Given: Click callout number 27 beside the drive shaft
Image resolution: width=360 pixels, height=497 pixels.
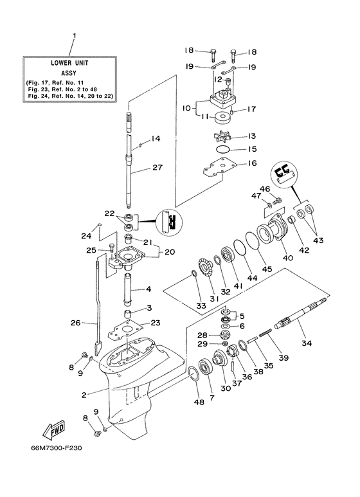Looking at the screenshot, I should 157,168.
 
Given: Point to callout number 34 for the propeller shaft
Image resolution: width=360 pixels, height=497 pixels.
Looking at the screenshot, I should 306,343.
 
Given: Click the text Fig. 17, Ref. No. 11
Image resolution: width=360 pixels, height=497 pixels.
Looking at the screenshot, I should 61,84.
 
